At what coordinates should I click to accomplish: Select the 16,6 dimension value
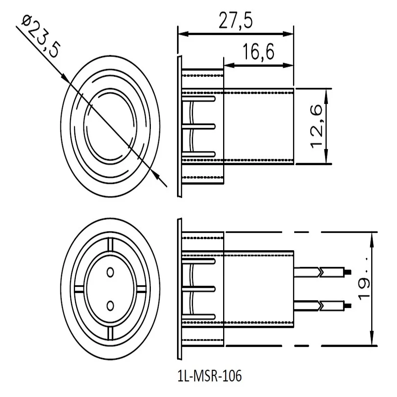259,52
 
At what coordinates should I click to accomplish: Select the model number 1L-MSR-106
210,376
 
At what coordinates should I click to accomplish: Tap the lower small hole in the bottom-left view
110,304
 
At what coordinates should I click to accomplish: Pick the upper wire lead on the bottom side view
322,272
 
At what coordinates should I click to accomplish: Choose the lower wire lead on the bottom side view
322,305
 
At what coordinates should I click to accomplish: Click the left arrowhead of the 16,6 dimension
228,65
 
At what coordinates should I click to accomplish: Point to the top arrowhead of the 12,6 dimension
326,93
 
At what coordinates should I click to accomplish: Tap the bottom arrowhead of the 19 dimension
372,340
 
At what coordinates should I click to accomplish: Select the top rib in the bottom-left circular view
110,245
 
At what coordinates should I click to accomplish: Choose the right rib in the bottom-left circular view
141,288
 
